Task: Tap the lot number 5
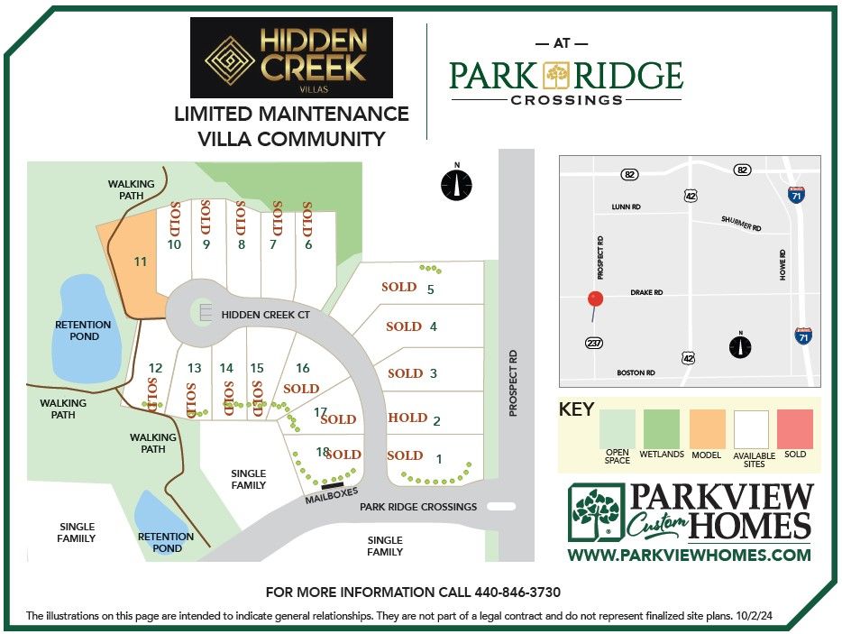click(x=431, y=289)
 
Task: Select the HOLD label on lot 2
click(x=407, y=418)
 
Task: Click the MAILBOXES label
click(x=332, y=496)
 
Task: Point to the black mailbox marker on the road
click(x=332, y=486)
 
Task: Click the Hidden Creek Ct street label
click(x=265, y=314)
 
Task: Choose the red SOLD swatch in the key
click(x=795, y=429)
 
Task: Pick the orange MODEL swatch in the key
click(x=707, y=429)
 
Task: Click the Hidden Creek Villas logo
click(x=291, y=57)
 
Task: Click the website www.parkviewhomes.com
click(x=689, y=555)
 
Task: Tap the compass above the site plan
click(x=457, y=184)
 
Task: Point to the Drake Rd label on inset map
click(x=646, y=293)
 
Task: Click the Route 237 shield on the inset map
click(x=592, y=343)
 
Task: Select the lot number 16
click(x=303, y=368)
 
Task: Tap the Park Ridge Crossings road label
click(x=418, y=506)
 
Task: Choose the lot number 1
click(x=439, y=458)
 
